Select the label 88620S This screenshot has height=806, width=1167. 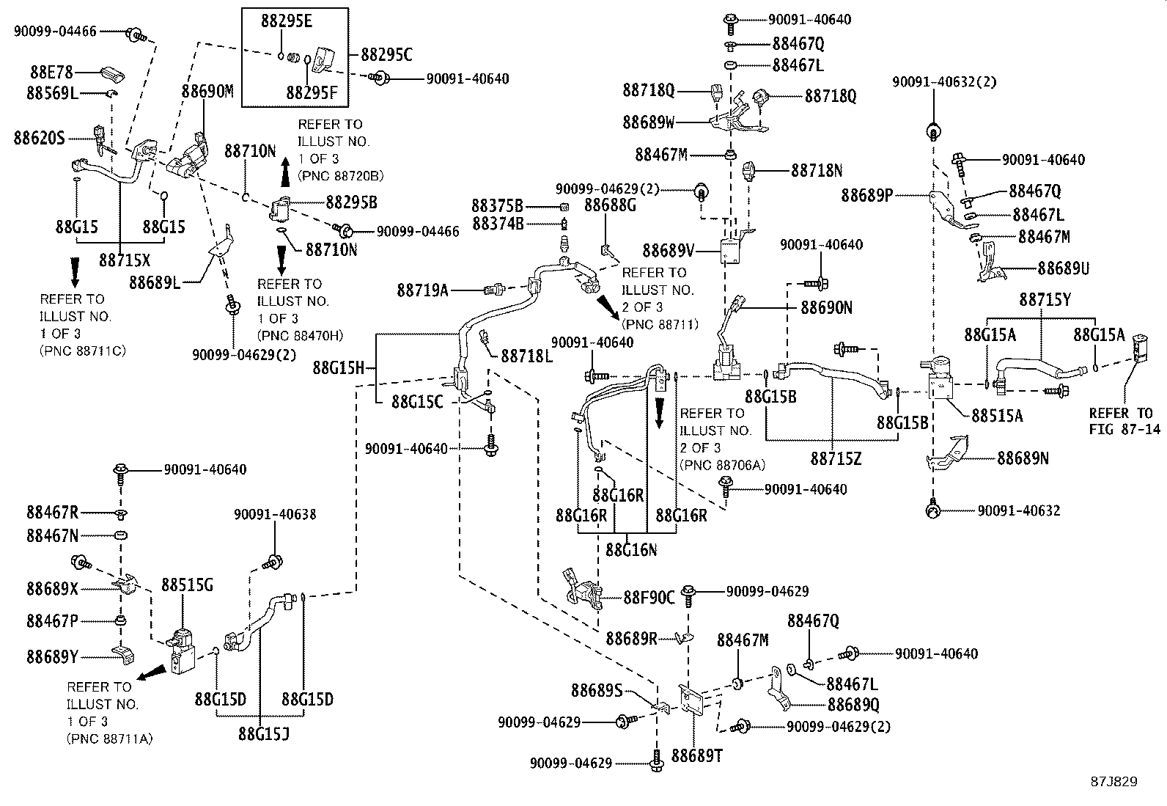(x=39, y=137)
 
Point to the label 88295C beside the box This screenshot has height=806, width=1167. (x=386, y=55)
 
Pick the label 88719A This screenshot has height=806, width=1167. (x=423, y=290)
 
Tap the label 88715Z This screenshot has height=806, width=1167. (x=836, y=458)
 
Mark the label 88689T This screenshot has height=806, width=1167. (x=697, y=755)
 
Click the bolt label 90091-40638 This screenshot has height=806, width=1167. (x=275, y=514)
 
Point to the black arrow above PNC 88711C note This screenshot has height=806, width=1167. (x=74, y=271)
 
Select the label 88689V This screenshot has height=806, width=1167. (x=668, y=251)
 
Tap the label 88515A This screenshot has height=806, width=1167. (x=997, y=415)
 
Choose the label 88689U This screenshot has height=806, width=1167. (x=1063, y=268)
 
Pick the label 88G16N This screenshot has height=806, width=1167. (x=631, y=549)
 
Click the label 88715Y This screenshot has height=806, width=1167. (x=1045, y=299)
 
